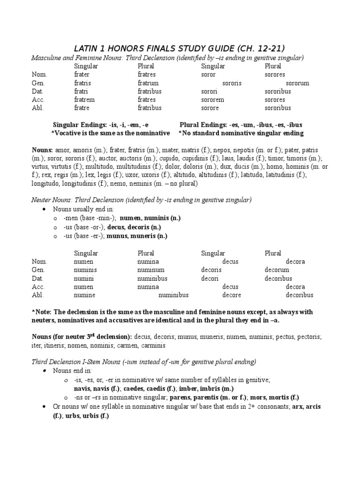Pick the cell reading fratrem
pos(85,99)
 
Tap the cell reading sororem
pos(213,99)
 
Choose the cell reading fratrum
pos(148,83)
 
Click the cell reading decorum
pos(277,270)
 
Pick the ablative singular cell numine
pos(84,295)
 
